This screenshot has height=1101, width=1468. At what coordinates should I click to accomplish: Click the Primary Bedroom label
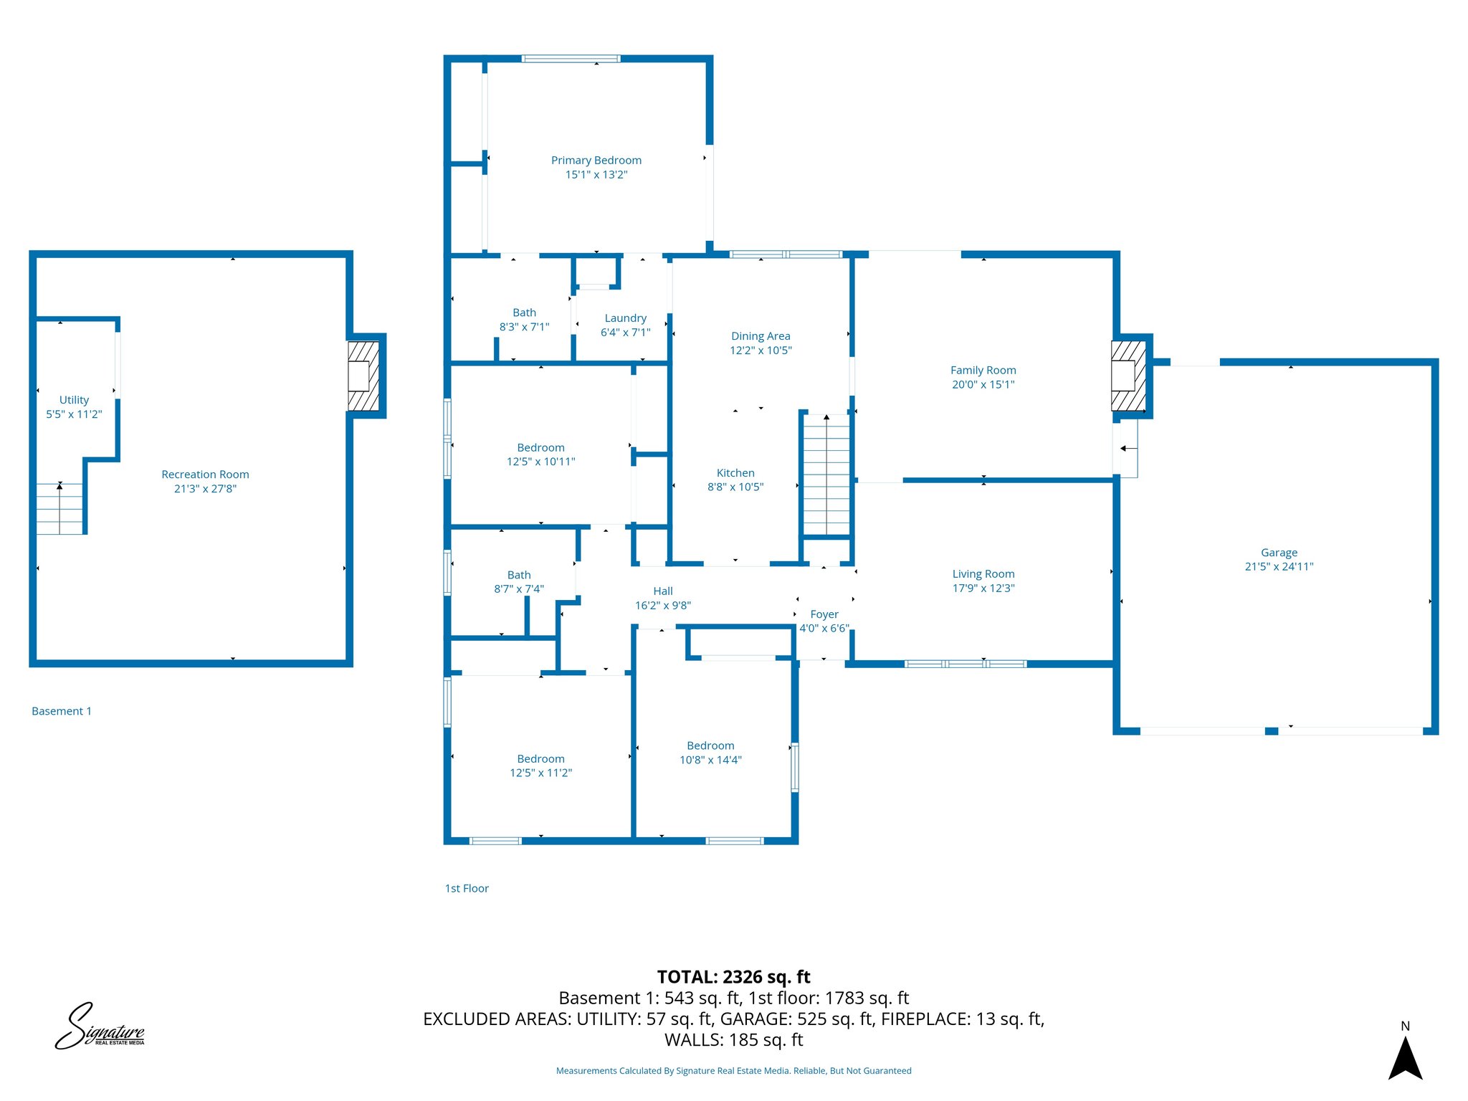point(596,161)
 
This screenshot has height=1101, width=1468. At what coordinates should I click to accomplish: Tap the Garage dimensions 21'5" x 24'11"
point(1279,566)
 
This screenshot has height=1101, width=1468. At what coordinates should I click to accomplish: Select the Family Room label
point(983,371)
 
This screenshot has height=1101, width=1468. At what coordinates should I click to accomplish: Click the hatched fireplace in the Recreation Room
point(363,376)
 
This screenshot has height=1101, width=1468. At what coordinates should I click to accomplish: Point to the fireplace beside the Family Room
point(1128,376)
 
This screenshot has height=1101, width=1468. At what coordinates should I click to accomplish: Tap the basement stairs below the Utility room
point(60,508)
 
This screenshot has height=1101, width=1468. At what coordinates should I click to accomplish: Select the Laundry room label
point(625,318)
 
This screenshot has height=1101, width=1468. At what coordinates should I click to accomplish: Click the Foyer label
point(824,614)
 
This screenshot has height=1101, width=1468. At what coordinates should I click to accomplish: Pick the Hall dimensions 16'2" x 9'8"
point(662,606)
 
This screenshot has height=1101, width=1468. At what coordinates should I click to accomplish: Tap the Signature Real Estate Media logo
point(100,1027)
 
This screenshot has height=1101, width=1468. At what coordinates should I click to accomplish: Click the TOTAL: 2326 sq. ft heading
point(733,977)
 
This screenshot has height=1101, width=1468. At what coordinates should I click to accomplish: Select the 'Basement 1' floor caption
point(62,711)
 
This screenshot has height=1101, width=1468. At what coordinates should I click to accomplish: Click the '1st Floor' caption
point(467,888)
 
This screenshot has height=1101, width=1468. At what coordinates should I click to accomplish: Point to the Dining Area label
point(761,336)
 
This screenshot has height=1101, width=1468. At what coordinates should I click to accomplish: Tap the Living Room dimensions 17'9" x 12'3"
point(983,588)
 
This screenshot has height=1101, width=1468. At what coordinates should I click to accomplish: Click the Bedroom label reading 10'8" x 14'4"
point(710,746)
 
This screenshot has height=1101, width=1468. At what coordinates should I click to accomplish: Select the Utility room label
point(74,400)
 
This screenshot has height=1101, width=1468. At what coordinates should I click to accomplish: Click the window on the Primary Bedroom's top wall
point(571,59)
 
